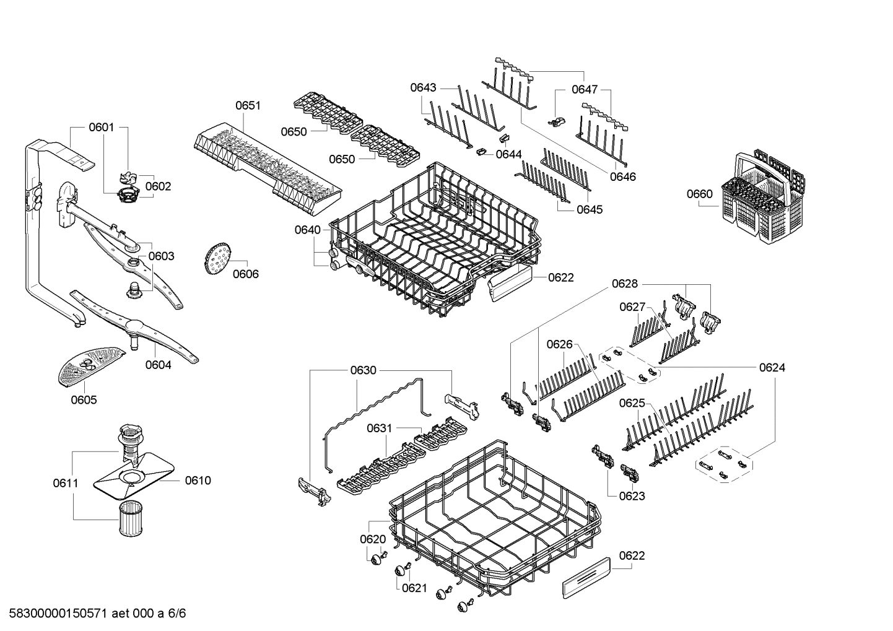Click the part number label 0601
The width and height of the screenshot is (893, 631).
point(102,128)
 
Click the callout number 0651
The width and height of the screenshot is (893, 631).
point(248,106)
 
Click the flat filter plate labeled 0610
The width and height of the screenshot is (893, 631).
point(133,479)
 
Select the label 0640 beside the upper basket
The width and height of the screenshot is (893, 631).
point(307,230)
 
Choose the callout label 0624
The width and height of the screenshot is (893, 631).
point(772,368)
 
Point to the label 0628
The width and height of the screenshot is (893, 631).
point(624,284)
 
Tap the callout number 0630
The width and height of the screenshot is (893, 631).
point(363,370)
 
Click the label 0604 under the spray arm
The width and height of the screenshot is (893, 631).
point(158,365)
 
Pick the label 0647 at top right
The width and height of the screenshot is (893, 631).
point(584,90)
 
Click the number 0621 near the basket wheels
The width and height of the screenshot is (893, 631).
point(414,588)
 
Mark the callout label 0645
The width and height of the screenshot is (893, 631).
point(590,209)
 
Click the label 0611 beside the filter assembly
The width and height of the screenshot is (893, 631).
point(66,482)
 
